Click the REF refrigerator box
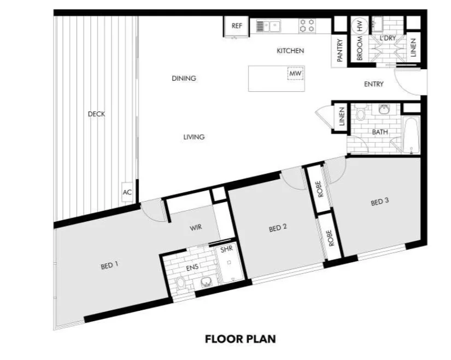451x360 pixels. [237, 27]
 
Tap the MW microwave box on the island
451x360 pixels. [295, 73]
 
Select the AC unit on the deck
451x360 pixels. [127, 192]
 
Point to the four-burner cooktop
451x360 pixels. [307, 25]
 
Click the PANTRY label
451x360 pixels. [340, 50]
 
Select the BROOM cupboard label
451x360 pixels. [360, 49]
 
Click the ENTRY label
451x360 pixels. [373, 84]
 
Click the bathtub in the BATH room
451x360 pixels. [411, 134]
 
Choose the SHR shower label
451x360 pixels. [226, 250]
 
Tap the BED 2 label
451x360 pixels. [278, 228]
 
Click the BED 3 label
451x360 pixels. [379, 202]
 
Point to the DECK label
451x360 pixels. [96, 114]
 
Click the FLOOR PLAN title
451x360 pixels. [240, 339]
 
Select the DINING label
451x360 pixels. [184, 78]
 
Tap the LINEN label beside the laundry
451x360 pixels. [413, 47]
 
